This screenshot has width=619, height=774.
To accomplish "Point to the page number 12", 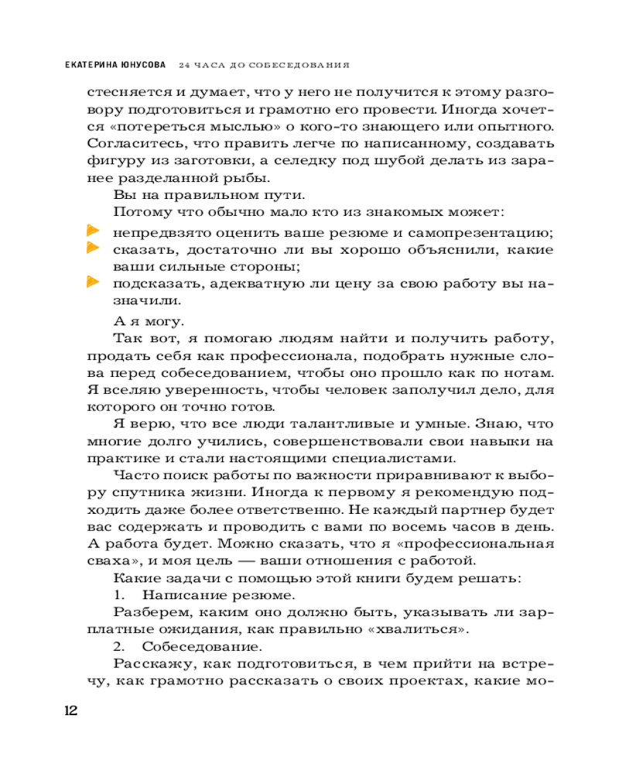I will coord(70,711).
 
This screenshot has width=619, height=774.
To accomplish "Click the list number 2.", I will coord(119,646).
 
